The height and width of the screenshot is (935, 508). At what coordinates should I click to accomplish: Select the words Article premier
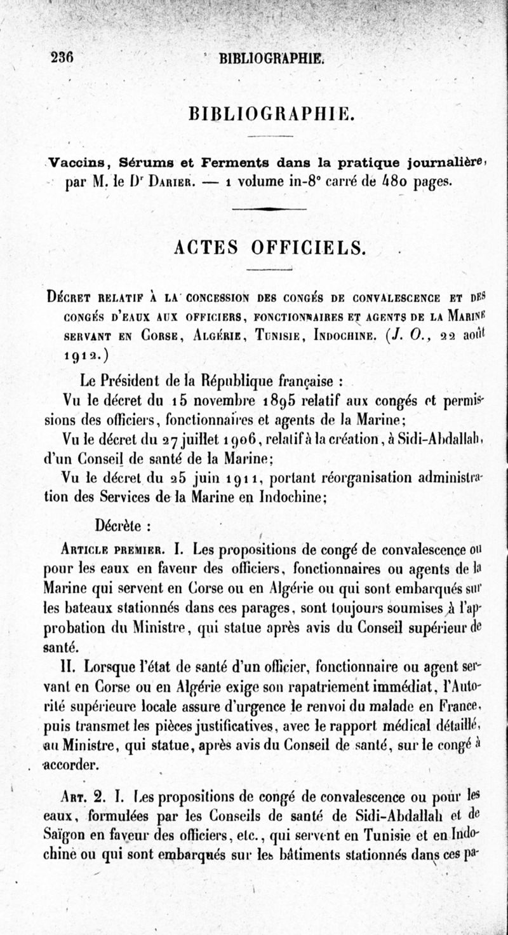pos(112,547)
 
